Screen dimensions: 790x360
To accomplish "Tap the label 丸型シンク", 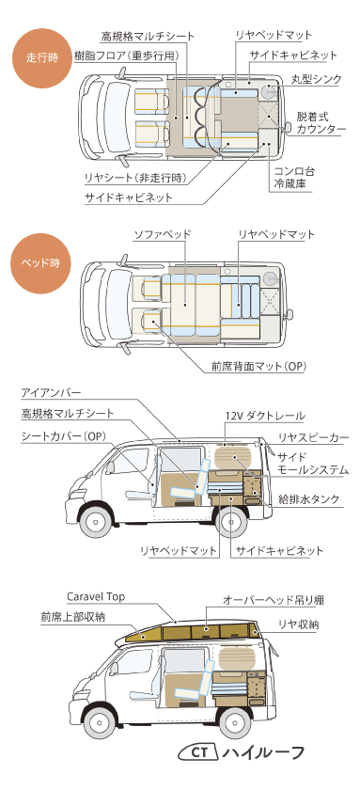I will [316, 79].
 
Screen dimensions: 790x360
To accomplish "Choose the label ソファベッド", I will [164, 232].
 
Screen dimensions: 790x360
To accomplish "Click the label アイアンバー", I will [52, 392].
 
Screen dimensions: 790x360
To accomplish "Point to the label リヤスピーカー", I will [313, 437].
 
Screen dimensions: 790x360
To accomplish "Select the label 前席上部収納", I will [72, 617].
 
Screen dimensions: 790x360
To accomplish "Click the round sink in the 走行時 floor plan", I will [270, 92].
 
